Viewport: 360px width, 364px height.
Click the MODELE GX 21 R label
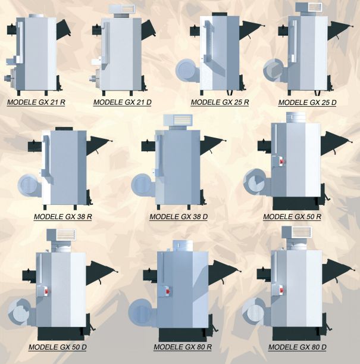(x=36, y=102)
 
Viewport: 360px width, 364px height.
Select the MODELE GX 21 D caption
(x=122, y=102)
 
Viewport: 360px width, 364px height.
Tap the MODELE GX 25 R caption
(x=220, y=102)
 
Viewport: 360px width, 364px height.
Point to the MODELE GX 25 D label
(x=307, y=102)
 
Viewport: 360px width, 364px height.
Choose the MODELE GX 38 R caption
(x=63, y=217)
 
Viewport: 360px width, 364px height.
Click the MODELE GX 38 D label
(x=179, y=217)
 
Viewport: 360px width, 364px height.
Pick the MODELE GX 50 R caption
(x=292, y=217)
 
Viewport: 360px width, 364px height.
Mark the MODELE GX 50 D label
(x=58, y=347)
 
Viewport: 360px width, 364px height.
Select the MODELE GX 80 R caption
(x=183, y=347)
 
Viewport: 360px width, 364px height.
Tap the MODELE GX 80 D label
(x=297, y=347)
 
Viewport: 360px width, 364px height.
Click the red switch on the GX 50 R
(x=281, y=161)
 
